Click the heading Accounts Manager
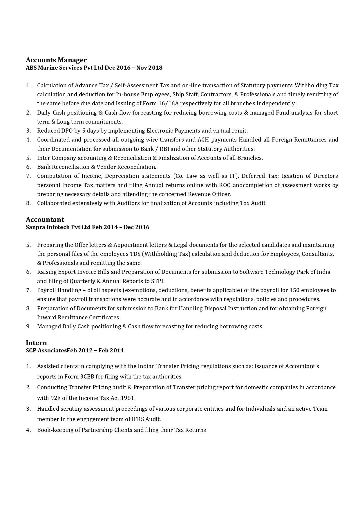click(x=56, y=60)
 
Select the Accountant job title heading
click(x=45, y=220)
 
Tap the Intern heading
click(x=36, y=343)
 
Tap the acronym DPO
click(x=67, y=131)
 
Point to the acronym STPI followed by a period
click(x=158, y=281)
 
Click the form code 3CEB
click(x=87, y=377)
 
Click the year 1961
click(x=128, y=398)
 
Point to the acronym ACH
click(x=203, y=140)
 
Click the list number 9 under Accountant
click(x=28, y=327)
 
